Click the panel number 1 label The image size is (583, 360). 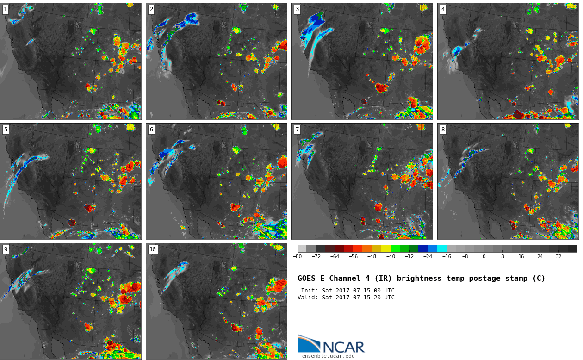[x=6, y=9]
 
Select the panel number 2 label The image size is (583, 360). [x=151, y=9]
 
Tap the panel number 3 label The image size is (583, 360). [x=297, y=9]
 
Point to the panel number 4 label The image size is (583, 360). [x=443, y=9]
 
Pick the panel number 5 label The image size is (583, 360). [x=6, y=130]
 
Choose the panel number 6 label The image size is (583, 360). [x=151, y=130]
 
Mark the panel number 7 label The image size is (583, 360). [x=297, y=130]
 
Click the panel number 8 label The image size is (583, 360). [x=443, y=130]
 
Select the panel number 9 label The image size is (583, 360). [x=6, y=249]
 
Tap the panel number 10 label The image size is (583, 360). [x=153, y=249]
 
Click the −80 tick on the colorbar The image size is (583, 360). [x=297, y=257]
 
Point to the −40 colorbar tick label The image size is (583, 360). [x=391, y=257]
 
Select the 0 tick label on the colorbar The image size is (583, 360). [x=484, y=257]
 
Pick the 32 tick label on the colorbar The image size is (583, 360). [x=558, y=257]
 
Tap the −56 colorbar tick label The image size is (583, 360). [x=353, y=257]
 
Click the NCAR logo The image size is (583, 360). [x=331, y=344]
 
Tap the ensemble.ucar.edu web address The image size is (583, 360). [x=328, y=356]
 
